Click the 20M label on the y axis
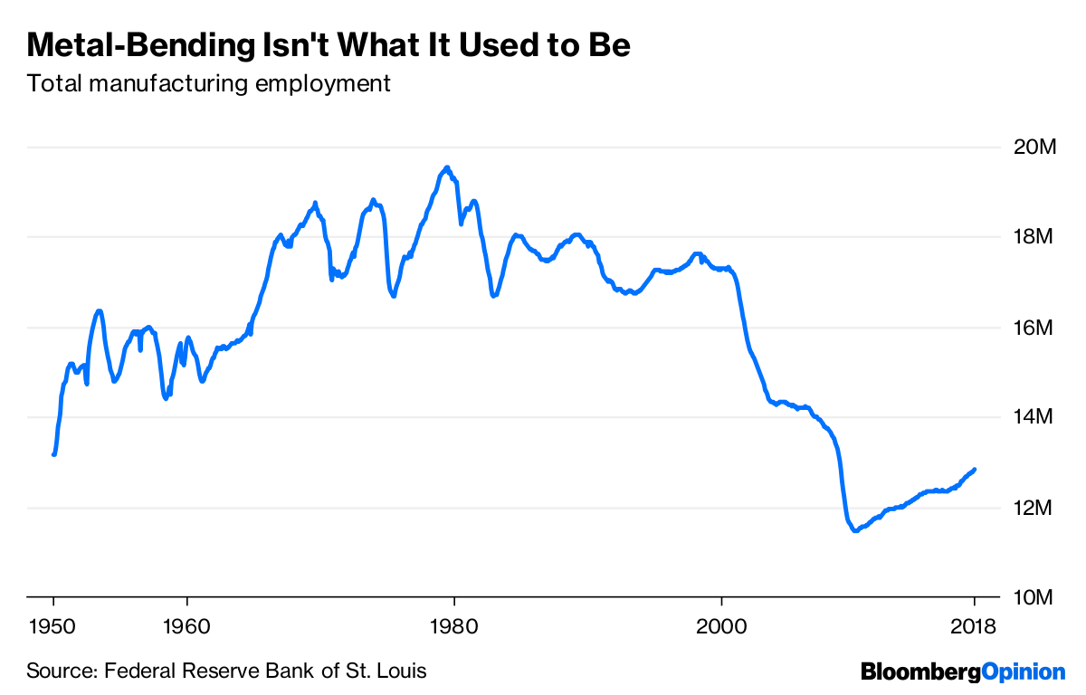pyautogui.click(x=1034, y=147)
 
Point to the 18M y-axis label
pyautogui.click(x=1034, y=237)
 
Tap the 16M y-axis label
pyautogui.click(x=1034, y=328)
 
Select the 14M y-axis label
pyautogui.click(x=1034, y=417)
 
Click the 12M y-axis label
pyautogui.click(x=1034, y=508)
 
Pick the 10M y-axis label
pyautogui.click(x=1034, y=598)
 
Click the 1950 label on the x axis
pyautogui.click(x=53, y=625)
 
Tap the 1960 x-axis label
pyautogui.click(x=186, y=625)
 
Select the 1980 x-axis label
pyautogui.click(x=454, y=625)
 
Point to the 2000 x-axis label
pyautogui.click(x=721, y=625)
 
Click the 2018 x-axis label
pyautogui.click(x=974, y=625)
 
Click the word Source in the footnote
pyautogui.click(x=60, y=671)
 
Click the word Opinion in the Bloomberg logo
pyautogui.click(x=1024, y=671)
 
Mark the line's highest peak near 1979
pyautogui.click(x=446, y=167)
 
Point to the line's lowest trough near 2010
pyautogui.click(x=854, y=531)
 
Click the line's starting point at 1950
pyautogui.click(x=54, y=454)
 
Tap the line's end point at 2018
pyautogui.click(x=975, y=469)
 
